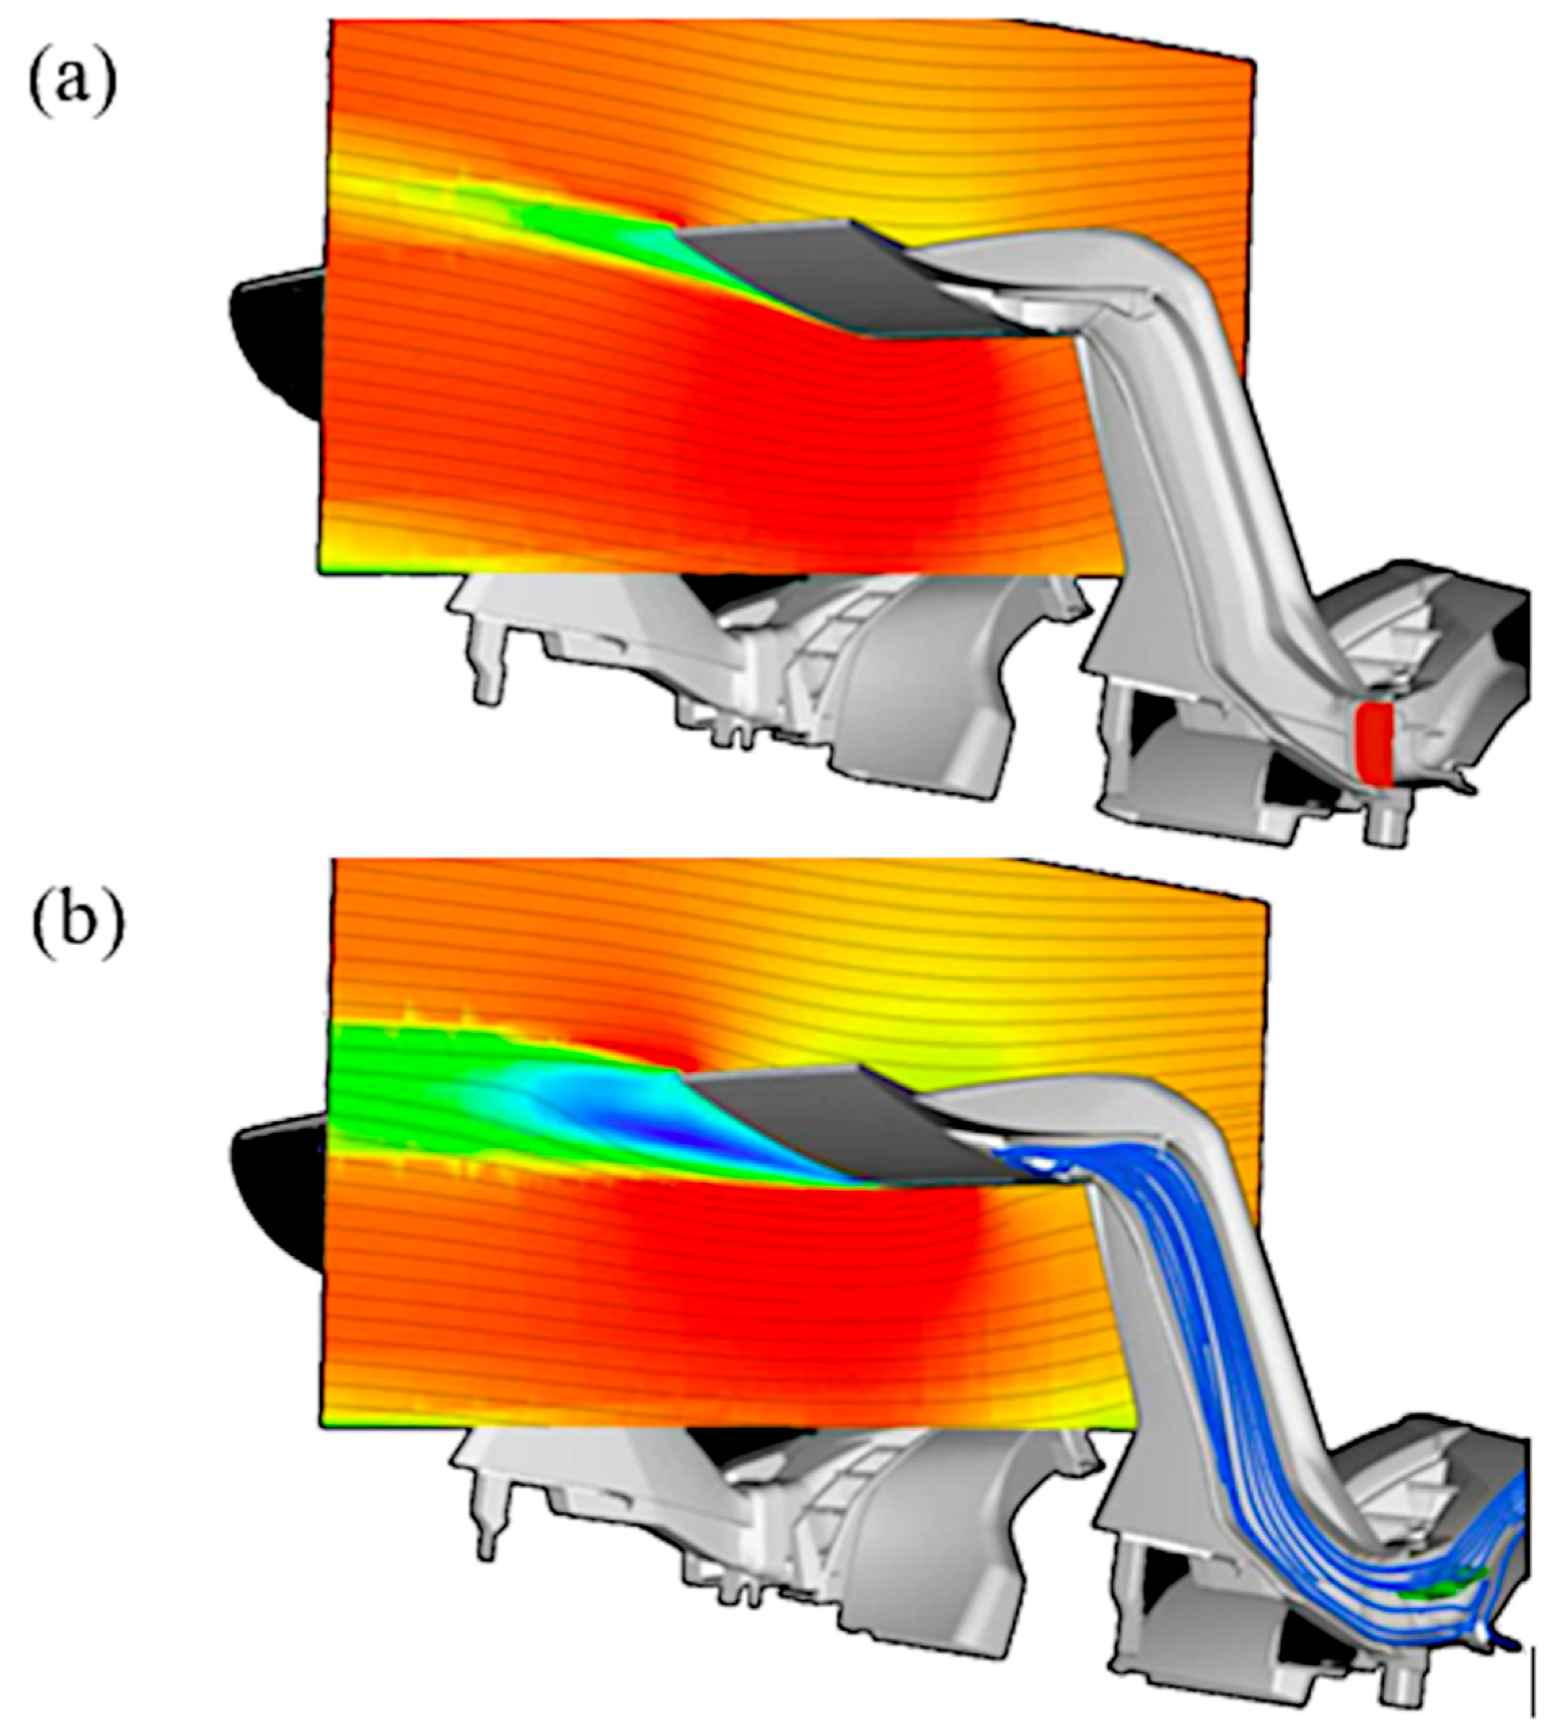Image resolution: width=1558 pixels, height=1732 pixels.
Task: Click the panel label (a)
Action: pyautogui.click(x=73, y=85)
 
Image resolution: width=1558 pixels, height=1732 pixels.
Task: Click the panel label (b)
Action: pyautogui.click(x=77, y=924)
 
